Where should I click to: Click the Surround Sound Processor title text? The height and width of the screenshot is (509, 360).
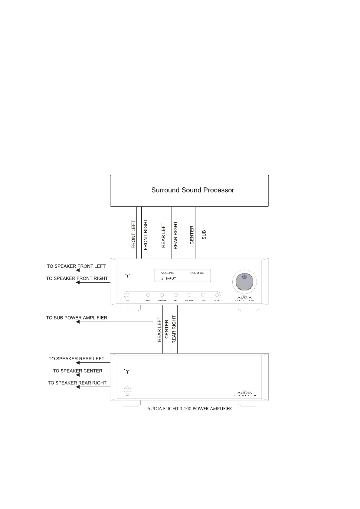(193, 190)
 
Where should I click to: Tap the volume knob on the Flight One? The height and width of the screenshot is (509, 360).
(244, 282)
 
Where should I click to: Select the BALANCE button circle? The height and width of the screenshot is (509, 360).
(189, 295)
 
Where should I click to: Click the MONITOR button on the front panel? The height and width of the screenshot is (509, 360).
(162, 295)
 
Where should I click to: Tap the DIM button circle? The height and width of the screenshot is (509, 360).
(175, 295)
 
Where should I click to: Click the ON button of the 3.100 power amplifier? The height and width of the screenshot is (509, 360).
(128, 390)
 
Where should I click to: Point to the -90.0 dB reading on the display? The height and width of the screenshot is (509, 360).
(196, 273)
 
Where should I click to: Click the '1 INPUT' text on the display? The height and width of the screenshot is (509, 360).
(169, 278)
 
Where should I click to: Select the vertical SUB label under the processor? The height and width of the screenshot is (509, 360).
(204, 235)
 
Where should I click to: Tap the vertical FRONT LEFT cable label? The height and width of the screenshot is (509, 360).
(133, 235)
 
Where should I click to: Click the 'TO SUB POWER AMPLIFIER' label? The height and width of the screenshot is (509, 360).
(77, 318)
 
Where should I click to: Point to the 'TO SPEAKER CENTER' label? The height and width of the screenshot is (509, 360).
(78, 371)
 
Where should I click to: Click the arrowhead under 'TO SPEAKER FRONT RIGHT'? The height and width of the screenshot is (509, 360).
(78, 282)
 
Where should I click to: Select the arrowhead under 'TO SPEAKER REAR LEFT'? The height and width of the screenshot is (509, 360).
(78, 363)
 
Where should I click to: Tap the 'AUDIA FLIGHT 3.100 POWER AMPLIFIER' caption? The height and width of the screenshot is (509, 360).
(189, 409)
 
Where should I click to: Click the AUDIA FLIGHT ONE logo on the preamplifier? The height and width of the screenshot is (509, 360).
(245, 299)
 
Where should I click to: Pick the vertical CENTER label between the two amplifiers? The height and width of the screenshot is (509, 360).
(166, 329)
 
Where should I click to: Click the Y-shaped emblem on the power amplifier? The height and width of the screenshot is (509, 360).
(127, 371)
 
